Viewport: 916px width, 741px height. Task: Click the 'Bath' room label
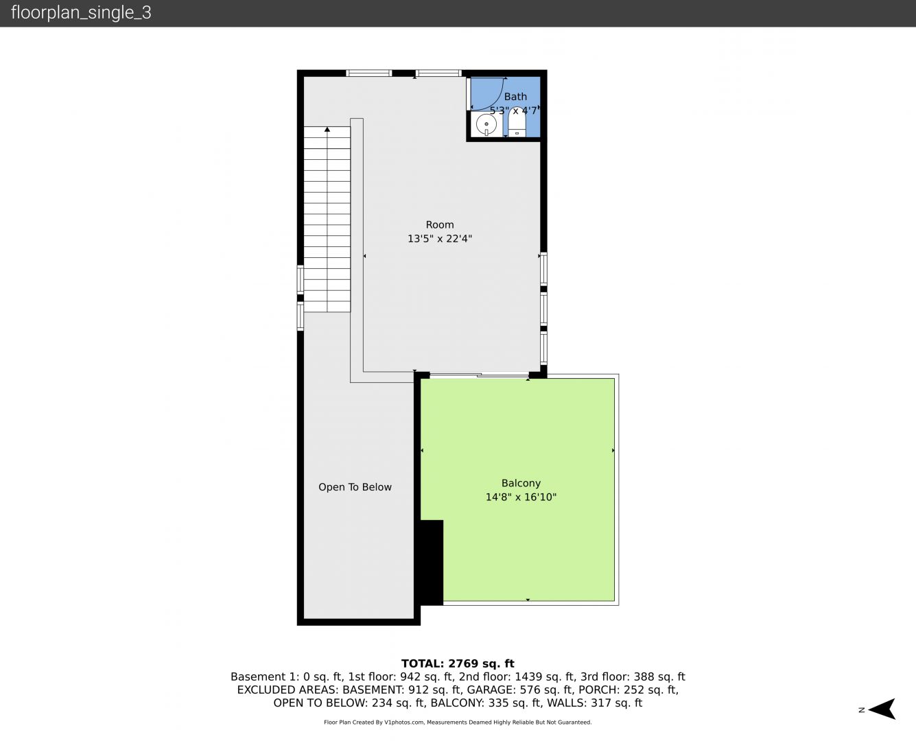[515, 97]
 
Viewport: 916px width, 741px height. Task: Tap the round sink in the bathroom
[486, 125]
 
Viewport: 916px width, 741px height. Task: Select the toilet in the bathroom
[517, 123]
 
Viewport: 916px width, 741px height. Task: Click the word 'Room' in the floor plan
[440, 224]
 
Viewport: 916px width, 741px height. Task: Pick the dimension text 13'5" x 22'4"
[440, 239]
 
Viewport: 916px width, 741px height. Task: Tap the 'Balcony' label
[521, 484]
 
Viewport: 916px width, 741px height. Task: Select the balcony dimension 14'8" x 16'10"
[521, 497]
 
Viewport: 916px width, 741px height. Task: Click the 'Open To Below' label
[355, 487]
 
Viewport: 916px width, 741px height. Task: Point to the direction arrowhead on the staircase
[327, 129]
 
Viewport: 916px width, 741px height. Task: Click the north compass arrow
[882, 709]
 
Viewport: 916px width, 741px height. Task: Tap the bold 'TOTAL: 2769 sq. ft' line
[458, 663]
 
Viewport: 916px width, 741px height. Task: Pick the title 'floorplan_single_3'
[81, 12]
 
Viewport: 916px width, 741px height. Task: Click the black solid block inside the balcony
[432, 563]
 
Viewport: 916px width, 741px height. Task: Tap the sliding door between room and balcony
[479, 375]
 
